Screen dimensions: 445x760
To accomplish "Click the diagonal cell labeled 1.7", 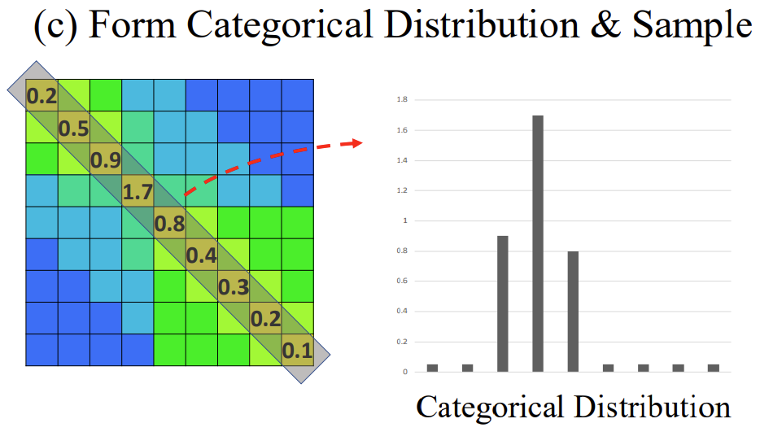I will coord(138,192).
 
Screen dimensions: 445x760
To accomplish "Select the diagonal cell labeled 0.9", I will coord(106,159).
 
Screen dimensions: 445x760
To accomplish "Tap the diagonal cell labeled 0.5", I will coord(74,128).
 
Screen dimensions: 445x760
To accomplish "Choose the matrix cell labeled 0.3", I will coord(234,287).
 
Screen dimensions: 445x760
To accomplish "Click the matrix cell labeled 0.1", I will coord(297,351).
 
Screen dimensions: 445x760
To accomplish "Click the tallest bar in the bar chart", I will coord(538,243).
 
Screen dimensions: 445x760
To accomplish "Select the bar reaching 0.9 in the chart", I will coord(502,303).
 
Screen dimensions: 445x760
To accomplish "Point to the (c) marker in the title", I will coord(56,25).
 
